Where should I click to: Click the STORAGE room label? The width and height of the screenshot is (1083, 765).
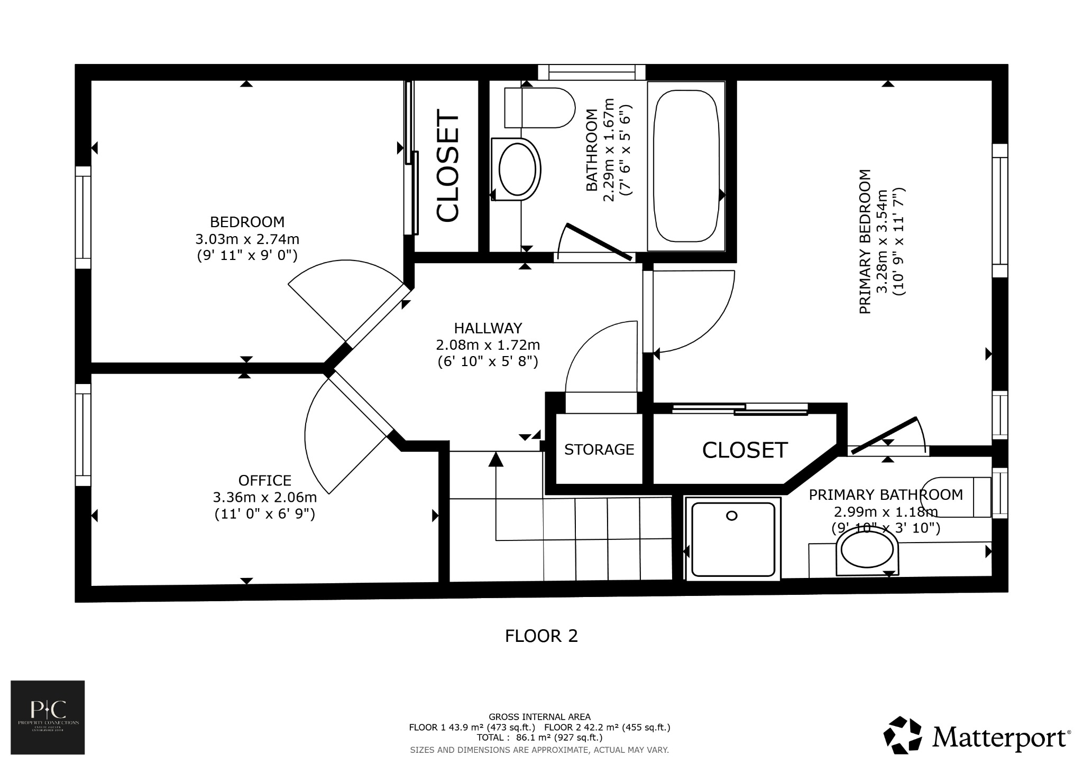pyautogui.click(x=599, y=449)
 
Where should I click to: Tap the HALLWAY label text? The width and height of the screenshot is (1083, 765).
pyautogui.click(x=488, y=328)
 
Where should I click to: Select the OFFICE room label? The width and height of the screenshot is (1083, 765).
pyautogui.click(x=264, y=480)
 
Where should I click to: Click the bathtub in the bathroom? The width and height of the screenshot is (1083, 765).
pyautogui.click(x=686, y=166)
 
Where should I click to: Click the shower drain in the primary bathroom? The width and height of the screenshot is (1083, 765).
pyautogui.click(x=731, y=516)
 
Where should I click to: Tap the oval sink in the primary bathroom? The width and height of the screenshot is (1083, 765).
pyautogui.click(x=867, y=553)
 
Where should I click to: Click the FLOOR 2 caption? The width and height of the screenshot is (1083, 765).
pyautogui.click(x=541, y=636)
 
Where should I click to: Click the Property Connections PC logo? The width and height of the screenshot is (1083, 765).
pyautogui.click(x=48, y=716)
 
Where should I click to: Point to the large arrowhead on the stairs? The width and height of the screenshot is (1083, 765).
pyautogui.click(x=495, y=460)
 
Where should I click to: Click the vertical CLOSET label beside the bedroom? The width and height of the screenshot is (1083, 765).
pyautogui.click(x=447, y=166)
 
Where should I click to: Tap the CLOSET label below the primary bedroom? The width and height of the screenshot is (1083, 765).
pyautogui.click(x=745, y=450)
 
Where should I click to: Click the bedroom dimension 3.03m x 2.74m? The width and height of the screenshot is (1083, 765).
pyautogui.click(x=247, y=239)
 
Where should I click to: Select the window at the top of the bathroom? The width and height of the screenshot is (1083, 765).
pyautogui.click(x=591, y=72)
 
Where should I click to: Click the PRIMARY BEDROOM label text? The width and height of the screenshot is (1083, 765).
pyautogui.click(x=865, y=241)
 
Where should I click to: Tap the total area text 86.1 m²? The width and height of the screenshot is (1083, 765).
pyautogui.click(x=539, y=737)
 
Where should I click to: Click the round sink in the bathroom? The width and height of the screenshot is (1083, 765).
pyautogui.click(x=517, y=170)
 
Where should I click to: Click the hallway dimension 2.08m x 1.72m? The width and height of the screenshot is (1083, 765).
pyautogui.click(x=488, y=345)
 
